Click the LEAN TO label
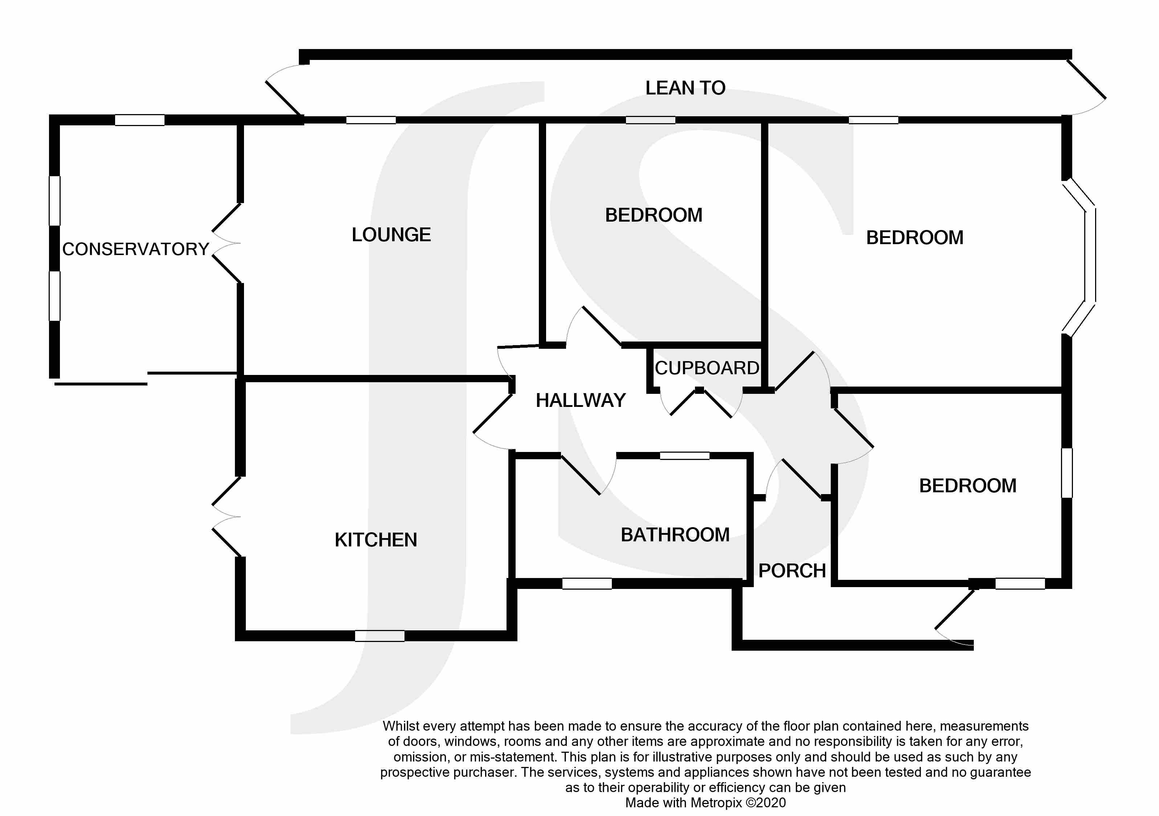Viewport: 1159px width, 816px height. (685, 88)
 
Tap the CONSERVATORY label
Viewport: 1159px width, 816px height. (135, 249)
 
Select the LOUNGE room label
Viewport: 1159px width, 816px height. (391, 235)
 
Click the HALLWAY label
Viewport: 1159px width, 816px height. (581, 400)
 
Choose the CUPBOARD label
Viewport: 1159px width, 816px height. (707, 368)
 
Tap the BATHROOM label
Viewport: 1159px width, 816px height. (675, 535)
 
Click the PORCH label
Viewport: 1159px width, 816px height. (792, 571)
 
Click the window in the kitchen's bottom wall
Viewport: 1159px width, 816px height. (379, 636)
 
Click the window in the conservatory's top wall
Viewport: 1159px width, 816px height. (140, 120)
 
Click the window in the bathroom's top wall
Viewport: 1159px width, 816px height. (684, 456)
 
